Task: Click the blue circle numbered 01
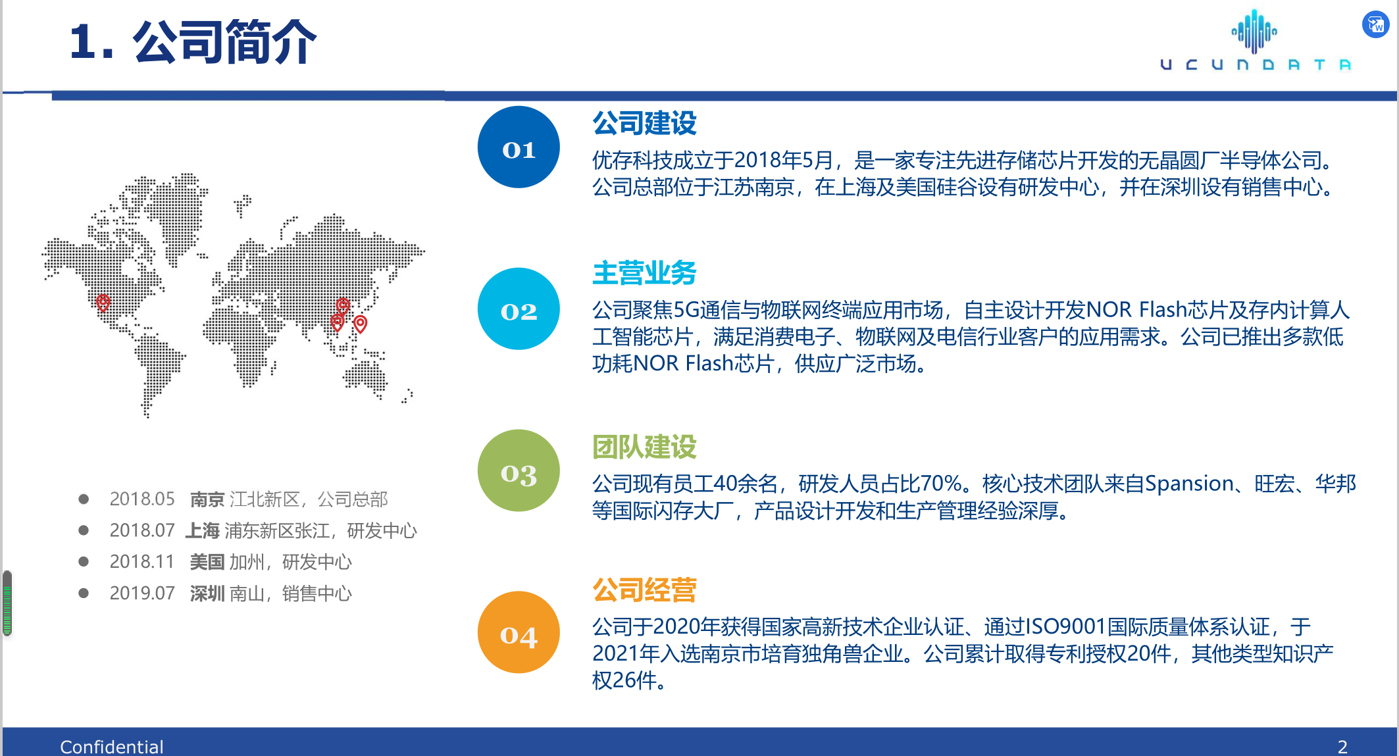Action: tap(519, 147)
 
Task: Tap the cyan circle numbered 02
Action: tap(519, 309)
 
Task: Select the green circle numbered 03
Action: tap(519, 470)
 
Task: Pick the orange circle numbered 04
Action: tap(519, 632)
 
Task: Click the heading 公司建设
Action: tap(644, 123)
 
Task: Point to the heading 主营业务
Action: tap(644, 273)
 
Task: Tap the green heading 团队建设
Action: tap(644, 447)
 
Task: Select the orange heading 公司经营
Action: tap(644, 590)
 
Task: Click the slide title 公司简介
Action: tap(225, 42)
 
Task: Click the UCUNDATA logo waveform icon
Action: tap(1254, 30)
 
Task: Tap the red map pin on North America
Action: tap(103, 303)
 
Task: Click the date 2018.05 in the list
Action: tap(142, 499)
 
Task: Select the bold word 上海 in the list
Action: tap(203, 530)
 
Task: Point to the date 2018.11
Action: tap(142, 562)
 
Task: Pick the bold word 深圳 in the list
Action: tap(207, 593)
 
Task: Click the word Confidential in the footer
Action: tap(112, 747)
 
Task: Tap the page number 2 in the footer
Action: tap(1342, 747)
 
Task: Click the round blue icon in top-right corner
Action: tap(1375, 25)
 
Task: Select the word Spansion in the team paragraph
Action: tap(1189, 484)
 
